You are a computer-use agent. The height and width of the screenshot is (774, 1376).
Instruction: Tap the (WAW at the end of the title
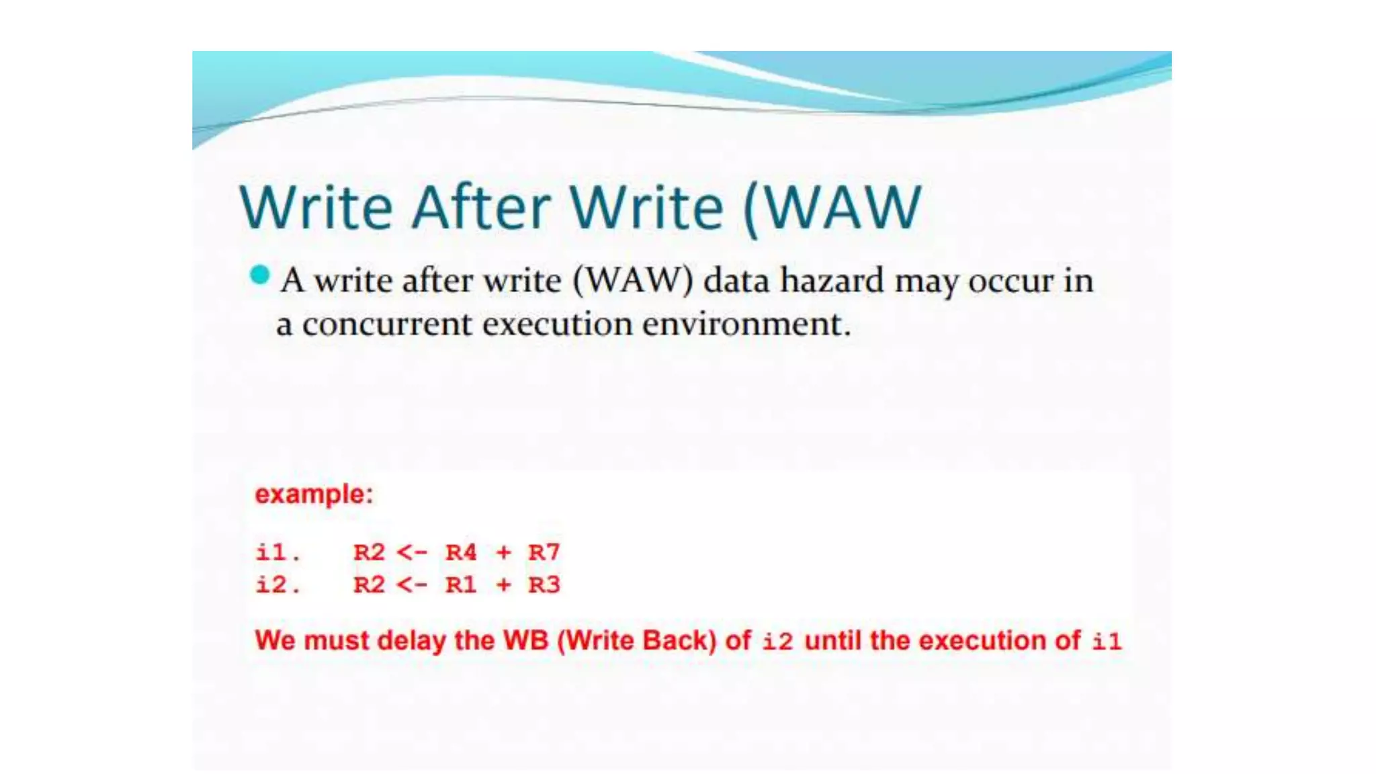[x=833, y=208]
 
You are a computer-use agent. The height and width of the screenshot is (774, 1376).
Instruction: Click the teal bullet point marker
[x=259, y=275]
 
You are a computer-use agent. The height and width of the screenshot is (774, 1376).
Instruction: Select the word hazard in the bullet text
[x=832, y=280]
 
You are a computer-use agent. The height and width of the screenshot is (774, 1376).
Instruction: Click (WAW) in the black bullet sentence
[x=632, y=281]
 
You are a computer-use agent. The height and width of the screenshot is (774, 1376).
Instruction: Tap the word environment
[x=746, y=325]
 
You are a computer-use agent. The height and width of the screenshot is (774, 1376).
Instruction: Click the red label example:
[x=314, y=494]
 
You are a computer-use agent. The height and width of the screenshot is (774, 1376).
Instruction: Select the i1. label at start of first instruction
[x=277, y=552]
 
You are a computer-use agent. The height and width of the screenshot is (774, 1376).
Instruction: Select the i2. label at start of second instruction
[x=277, y=585]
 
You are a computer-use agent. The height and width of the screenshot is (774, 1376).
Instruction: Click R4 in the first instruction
[x=461, y=552]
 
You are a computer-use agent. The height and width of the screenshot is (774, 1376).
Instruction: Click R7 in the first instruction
[x=544, y=552]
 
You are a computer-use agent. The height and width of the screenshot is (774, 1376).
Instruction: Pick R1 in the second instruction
[x=461, y=585]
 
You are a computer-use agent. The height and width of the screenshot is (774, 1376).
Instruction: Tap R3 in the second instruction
[x=544, y=585]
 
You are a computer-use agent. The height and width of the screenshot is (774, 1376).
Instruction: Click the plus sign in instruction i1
[x=503, y=552]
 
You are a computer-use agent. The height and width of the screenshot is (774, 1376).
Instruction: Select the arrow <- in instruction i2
[x=411, y=585]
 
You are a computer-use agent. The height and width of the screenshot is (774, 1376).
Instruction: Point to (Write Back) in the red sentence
[x=637, y=640]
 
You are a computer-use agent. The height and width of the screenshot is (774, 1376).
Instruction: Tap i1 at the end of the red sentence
[x=1107, y=641]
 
